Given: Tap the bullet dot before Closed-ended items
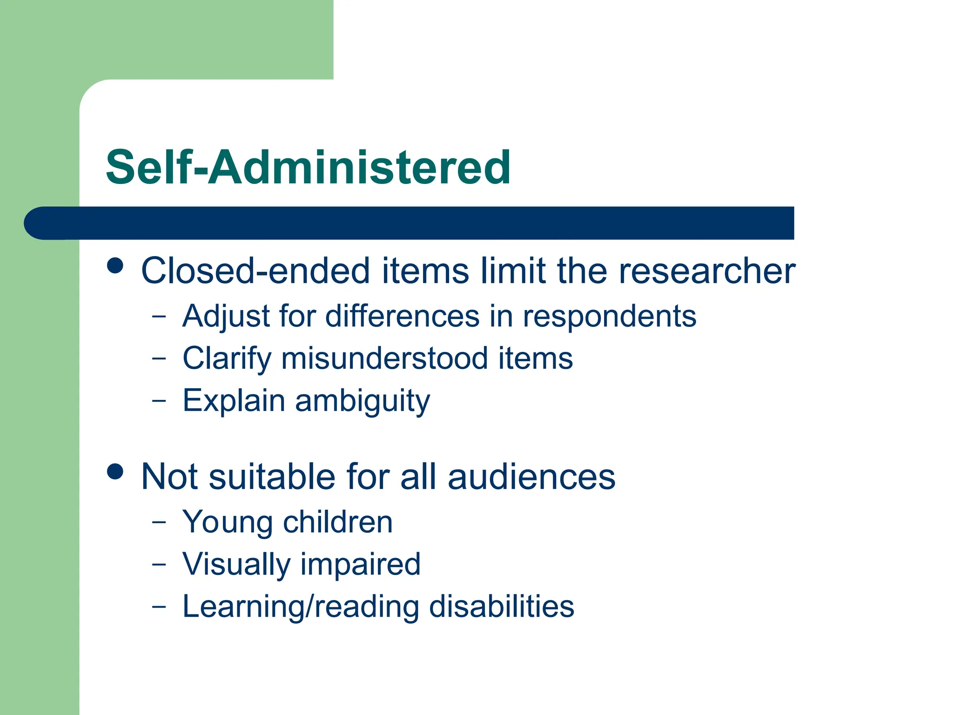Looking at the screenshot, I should [115, 266].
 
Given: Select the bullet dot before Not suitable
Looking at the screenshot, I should [115, 471].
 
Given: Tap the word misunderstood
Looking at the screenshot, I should [384, 358].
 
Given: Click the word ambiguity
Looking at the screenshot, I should [362, 401].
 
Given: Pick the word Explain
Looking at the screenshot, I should [234, 401].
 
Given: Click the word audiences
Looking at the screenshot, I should [531, 477].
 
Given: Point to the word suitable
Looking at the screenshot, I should [272, 477].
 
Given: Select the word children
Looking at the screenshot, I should [338, 522].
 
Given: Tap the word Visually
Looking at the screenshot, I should [236, 565].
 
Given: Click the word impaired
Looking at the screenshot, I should [361, 564].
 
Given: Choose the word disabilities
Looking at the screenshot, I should [502, 607].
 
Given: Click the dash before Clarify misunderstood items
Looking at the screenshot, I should [159, 358].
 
